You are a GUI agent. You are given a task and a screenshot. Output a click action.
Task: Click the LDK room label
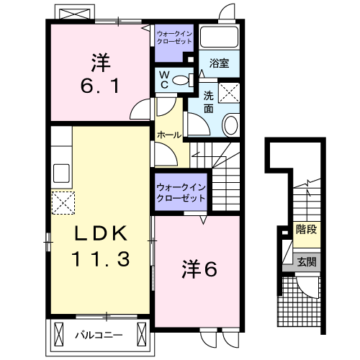tap(101, 233)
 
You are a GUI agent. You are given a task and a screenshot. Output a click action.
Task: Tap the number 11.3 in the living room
tap(101, 258)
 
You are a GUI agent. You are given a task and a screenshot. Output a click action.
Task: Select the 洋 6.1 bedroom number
tap(100, 86)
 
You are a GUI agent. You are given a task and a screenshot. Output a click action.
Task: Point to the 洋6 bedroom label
tap(199, 269)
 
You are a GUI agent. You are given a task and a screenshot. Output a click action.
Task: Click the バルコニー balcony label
tap(99, 335)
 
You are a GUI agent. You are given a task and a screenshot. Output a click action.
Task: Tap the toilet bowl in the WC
tap(181, 80)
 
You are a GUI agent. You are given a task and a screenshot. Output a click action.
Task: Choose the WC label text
tap(164, 80)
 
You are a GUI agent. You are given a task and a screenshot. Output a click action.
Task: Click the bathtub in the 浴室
tap(219, 37)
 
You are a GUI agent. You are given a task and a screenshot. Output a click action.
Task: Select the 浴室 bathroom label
tap(219, 63)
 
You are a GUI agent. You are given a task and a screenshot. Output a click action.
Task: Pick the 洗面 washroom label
tap(208, 102)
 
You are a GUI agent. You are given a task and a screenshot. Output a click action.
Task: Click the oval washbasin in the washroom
tap(231, 125)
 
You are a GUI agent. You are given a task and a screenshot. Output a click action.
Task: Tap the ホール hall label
tap(169, 135)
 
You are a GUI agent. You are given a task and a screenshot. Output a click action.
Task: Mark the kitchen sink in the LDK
tap(61, 174)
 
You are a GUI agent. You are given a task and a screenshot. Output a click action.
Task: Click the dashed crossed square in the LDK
tap(63, 203)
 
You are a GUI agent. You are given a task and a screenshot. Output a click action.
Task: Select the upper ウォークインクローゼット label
tap(174, 37)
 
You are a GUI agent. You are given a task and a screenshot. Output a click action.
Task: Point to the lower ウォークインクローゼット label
tap(181, 193)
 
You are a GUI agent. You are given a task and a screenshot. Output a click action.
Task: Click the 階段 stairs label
tap(307, 229)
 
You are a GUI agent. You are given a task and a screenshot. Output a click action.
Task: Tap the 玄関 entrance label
tap(307, 262)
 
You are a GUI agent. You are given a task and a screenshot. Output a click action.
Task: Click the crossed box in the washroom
tap(229, 93)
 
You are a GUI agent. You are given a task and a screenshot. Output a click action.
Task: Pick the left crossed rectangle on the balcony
tap(59, 334)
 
